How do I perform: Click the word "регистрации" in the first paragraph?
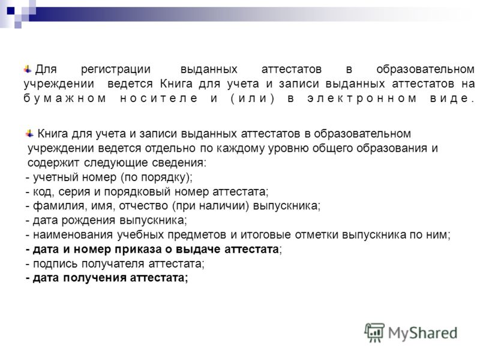(115, 70)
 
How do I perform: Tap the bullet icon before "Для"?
(28, 69)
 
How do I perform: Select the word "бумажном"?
(65, 98)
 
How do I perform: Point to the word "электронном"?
(362, 98)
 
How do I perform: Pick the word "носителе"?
(158, 98)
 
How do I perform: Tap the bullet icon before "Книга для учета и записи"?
(29, 133)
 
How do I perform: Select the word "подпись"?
(56, 263)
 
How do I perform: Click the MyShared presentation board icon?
(374, 332)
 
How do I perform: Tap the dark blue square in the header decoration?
(11, 11)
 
